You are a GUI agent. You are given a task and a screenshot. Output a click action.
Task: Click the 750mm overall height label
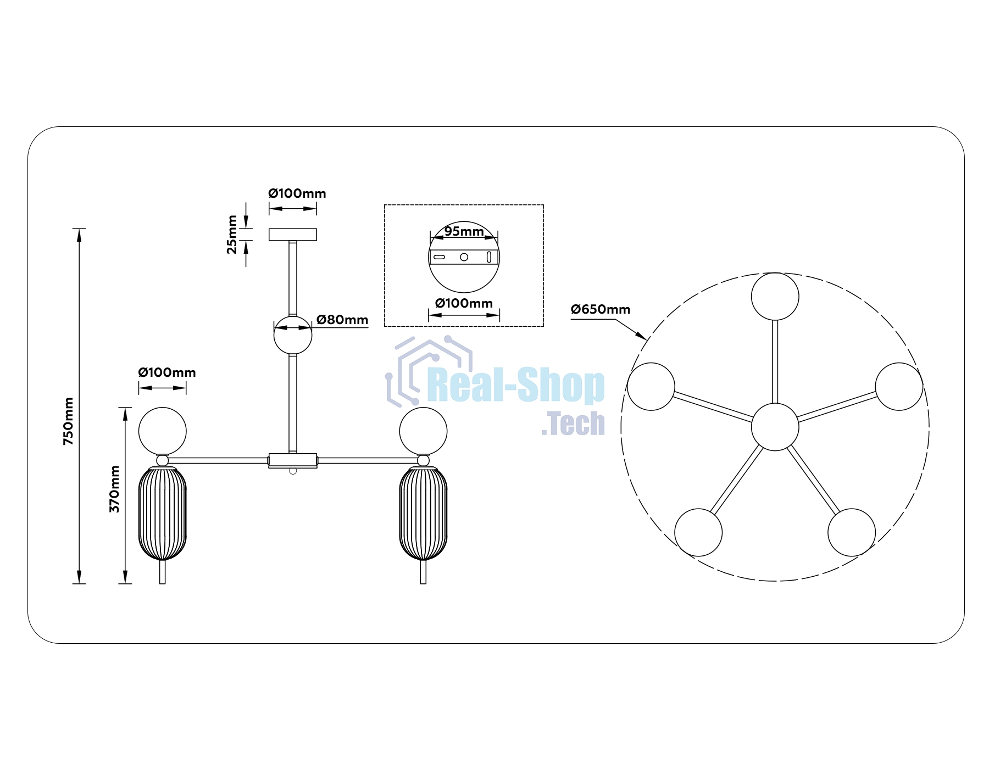click(x=69, y=421)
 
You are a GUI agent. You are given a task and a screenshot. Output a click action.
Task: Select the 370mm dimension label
click(x=114, y=489)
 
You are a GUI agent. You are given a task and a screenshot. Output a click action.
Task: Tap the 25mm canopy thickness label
click(x=232, y=235)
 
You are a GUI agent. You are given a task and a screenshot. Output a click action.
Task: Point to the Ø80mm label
click(x=342, y=320)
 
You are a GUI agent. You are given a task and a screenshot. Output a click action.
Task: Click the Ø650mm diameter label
click(x=601, y=309)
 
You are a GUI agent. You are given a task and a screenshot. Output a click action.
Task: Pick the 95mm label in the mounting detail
click(x=464, y=231)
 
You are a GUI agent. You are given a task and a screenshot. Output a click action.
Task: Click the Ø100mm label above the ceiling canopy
click(x=297, y=193)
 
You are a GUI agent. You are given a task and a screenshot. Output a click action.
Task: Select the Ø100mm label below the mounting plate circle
click(x=464, y=303)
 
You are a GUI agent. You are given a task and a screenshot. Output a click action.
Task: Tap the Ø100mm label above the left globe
click(x=167, y=372)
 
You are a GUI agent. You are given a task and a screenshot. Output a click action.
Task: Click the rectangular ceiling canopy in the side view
click(x=293, y=235)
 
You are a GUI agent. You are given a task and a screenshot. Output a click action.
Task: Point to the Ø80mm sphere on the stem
click(x=293, y=335)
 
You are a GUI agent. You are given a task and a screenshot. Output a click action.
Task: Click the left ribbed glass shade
click(x=163, y=513)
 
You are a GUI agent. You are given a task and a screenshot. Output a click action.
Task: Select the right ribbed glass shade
click(x=423, y=513)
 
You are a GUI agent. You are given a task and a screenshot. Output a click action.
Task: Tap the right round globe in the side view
click(x=423, y=431)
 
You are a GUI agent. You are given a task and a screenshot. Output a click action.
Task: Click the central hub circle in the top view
click(x=775, y=427)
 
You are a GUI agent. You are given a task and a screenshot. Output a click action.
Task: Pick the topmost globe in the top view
click(x=775, y=296)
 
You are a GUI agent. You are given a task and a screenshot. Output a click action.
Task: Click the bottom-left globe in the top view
click(x=698, y=532)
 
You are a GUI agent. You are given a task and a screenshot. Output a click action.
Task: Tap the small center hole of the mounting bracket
click(x=464, y=257)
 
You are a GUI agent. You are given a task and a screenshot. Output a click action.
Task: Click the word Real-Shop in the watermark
click(x=516, y=386)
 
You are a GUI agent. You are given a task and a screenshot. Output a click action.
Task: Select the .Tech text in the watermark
click(x=573, y=423)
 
